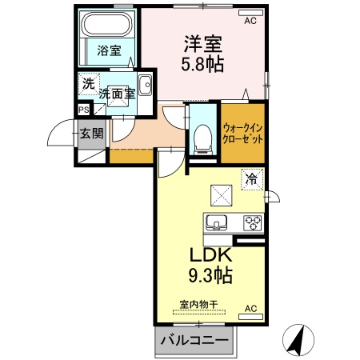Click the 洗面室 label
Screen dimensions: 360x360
click(x=117, y=94)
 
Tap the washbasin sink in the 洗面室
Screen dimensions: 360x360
click(x=145, y=86)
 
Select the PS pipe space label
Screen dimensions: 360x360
click(x=83, y=110)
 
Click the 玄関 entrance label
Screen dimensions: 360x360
click(x=91, y=133)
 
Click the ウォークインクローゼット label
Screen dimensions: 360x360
click(x=242, y=132)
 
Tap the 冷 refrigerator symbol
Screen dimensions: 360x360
click(x=251, y=180)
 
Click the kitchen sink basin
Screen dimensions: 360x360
click(x=217, y=222)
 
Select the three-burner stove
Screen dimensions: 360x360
click(x=253, y=222)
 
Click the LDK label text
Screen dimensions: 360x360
click(x=210, y=257)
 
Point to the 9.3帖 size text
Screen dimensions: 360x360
click(x=210, y=278)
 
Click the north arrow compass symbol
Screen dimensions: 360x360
click(x=298, y=340)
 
